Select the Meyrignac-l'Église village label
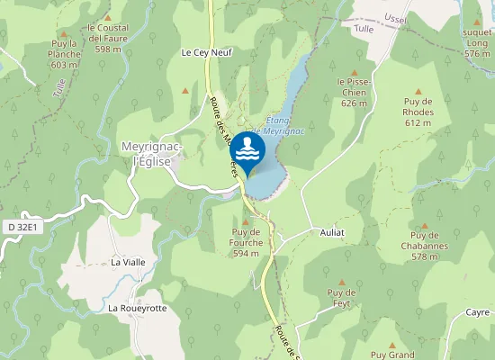tap(152, 153)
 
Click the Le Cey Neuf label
tap(206, 52)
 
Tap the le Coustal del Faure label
tap(108, 39)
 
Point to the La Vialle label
tap(128, 262)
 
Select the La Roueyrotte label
tap(137, 308)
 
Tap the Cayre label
tap(478, 311)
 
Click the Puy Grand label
tap(392, 355)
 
